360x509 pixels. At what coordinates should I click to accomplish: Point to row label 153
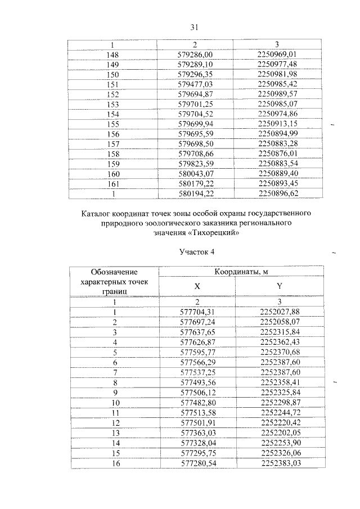click(113, 104)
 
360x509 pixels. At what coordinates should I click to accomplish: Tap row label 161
click(113, 184)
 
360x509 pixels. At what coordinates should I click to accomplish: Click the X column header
click(197, 286)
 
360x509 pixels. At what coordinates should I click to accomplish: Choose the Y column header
click(279, 286)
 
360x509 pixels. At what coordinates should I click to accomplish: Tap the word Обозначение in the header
click(114, 273)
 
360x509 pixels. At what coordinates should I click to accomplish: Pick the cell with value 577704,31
click(197, 312)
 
